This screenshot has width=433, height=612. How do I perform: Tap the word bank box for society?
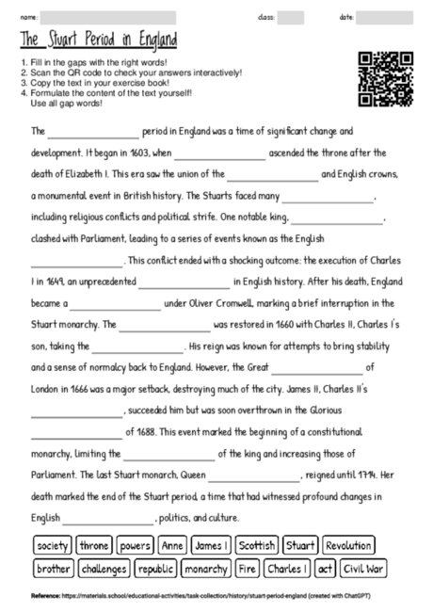[53, 545]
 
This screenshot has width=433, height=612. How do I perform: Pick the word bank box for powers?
[136, 545]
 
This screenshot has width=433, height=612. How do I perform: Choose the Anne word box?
[172, 545]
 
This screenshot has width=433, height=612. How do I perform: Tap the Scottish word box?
[256, 545]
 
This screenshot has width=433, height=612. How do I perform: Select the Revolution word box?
[348, 545]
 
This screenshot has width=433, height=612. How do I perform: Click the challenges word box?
[104, 569]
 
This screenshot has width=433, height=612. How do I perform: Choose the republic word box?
[155, 569]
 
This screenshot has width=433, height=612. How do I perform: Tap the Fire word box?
[247, 569]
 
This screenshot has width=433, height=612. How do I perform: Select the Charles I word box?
[288, 569]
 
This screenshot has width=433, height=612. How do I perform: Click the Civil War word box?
[363, 569]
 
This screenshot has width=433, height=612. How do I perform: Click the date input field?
[384, 17]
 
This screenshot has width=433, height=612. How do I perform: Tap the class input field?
[291, 17]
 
